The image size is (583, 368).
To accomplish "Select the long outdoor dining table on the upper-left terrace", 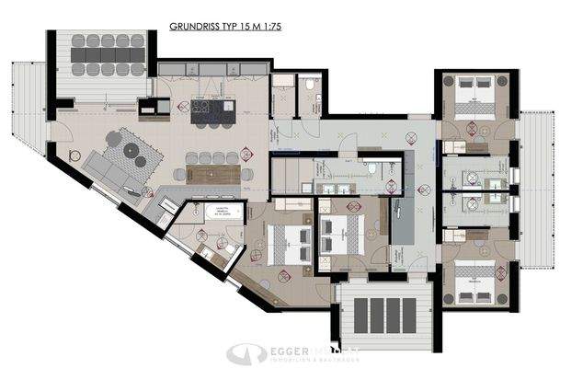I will pyautogui.click(x=109, y=54).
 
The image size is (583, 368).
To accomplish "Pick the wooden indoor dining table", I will pyautogui.click(x=219, y=173).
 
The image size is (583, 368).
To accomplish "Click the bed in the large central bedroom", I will pyautogui.click(x=293, y=242).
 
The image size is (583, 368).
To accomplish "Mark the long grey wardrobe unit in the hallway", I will pyautogui.click(x=403, y=222).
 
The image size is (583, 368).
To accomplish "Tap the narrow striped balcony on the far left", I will pyautogui.click(x=25, y=110).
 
